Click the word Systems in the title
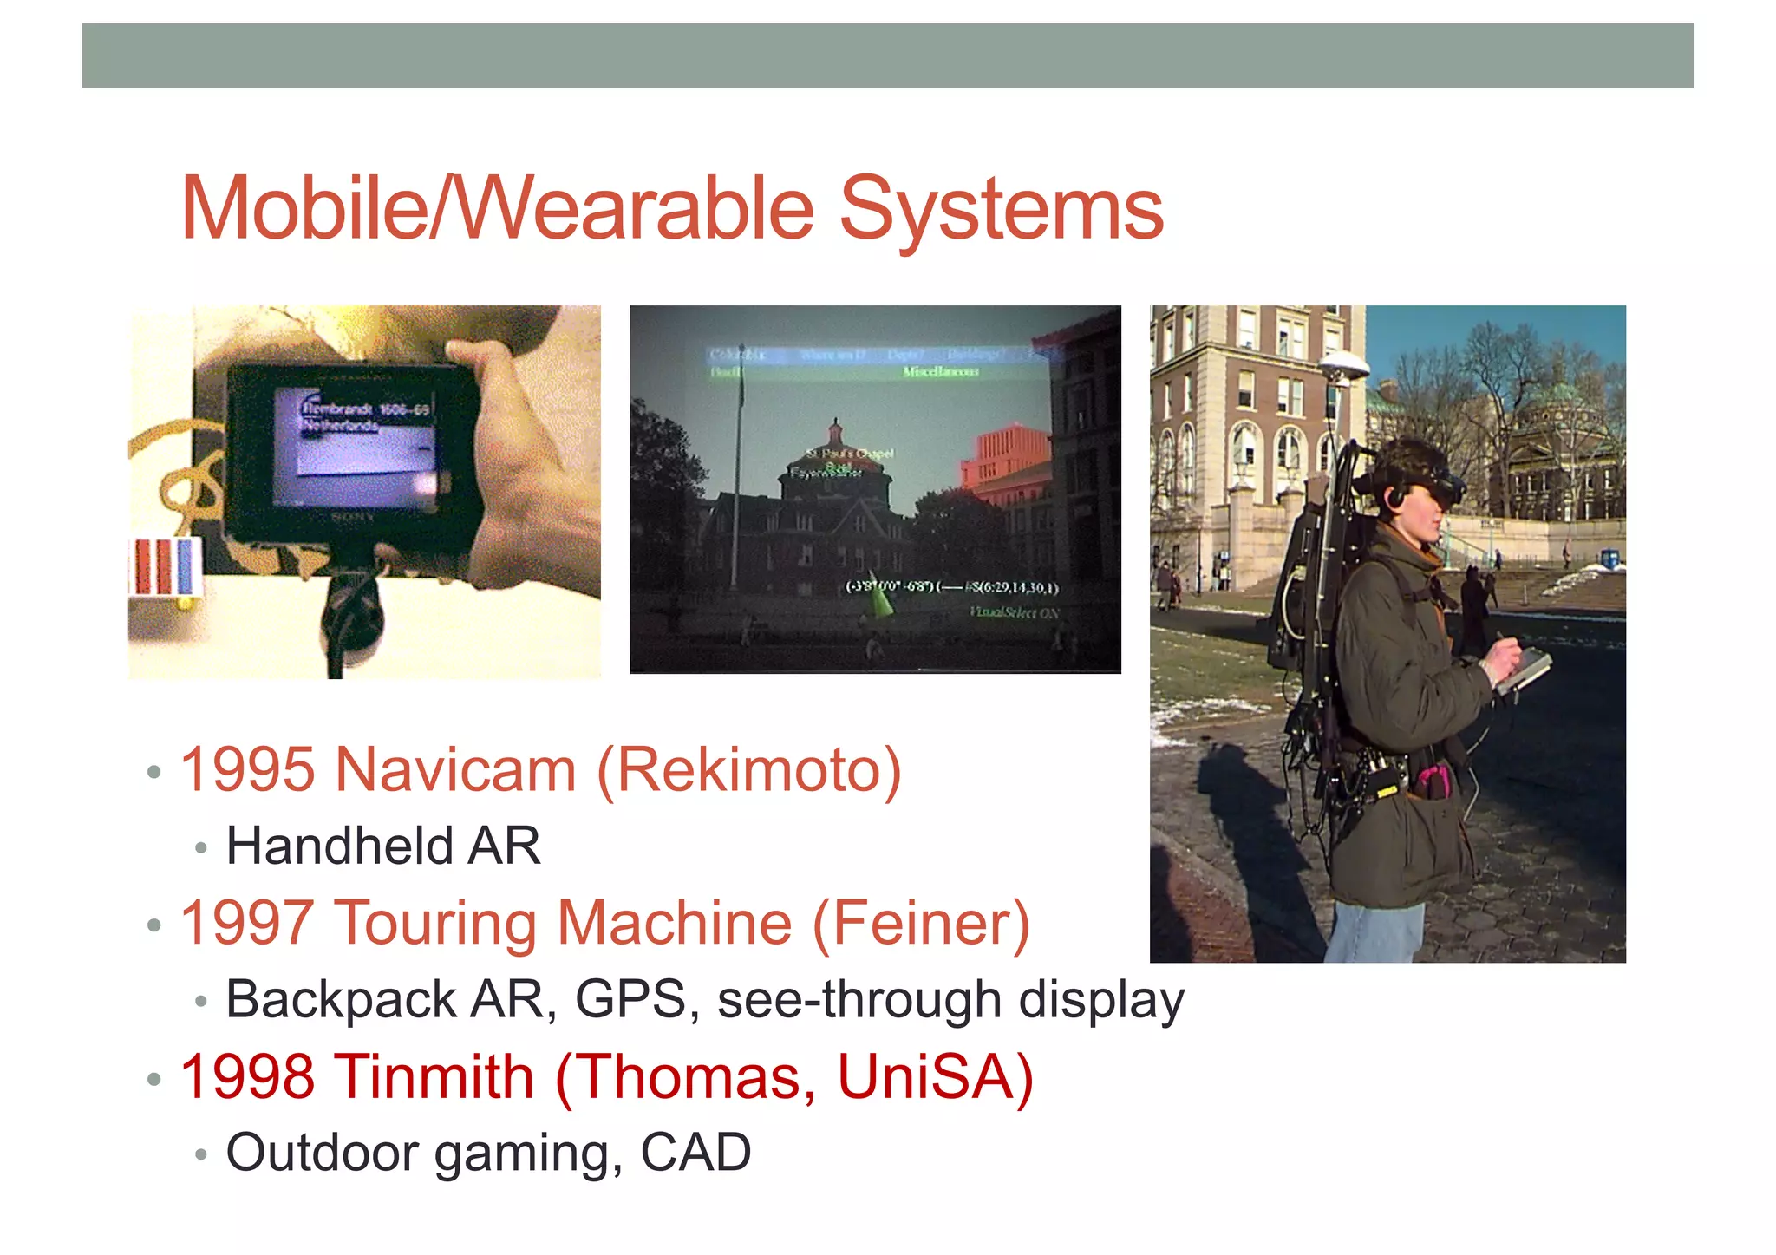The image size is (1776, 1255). pyautogui.click(x=1001, y=209)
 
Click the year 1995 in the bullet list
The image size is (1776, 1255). pyautogui.click(x=247, y=769)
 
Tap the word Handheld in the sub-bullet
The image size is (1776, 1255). pyautogui.click(x=338, y=846)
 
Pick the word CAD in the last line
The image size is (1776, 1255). pyautogui.click(x=695, y=1153)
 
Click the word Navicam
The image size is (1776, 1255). pyautogui.click(x=454, y=769)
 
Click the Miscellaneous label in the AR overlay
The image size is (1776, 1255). pyautogui.click(x=940, y=372)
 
